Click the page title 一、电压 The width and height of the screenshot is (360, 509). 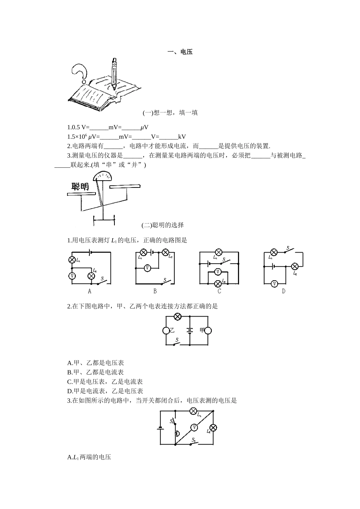[x=180, y=52]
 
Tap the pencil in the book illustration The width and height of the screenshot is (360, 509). [x=114, y=73]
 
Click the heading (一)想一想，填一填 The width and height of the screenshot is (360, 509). [x=170, y=113]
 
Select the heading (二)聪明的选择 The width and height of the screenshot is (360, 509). [x=163, y=225]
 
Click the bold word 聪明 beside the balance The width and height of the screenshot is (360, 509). [x=80, y=187]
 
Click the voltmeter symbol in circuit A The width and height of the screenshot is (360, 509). [x=72, y=276]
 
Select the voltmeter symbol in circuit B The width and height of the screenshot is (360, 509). [x=147, y=269]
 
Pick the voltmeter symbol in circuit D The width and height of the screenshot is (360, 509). [x=275, y=284]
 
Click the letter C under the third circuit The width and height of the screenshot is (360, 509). [x=219, y=291]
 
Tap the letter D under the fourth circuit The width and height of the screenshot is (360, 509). [x=283, y=291]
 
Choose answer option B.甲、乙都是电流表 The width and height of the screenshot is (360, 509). [x=95, y=372]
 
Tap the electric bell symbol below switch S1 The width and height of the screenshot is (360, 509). [x=177, y=434]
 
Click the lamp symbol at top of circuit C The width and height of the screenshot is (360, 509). [x=219, y=252]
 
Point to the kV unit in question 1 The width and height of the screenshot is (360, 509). [x=182, y=137]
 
